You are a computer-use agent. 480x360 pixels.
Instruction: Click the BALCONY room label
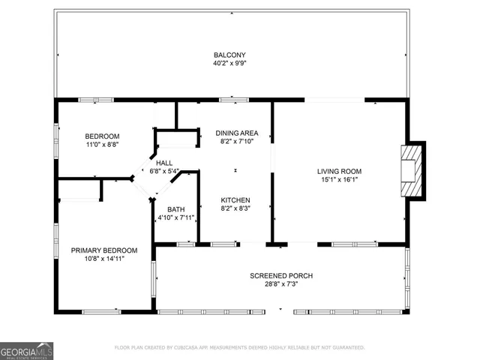tap(229, 55)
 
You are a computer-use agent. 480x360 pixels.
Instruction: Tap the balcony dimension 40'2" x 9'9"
tap(229, 64)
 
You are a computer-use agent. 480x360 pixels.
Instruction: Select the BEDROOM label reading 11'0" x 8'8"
tap(101, 136)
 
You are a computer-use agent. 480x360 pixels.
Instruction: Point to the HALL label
tap(163, 162)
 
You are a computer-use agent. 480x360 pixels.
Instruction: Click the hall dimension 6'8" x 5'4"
tap(163, 171)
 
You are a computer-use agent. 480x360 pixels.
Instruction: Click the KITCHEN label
tap(235, 200)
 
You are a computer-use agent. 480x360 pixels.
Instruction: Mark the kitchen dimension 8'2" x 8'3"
tap(235, 209)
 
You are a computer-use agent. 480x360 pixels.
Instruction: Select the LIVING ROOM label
tap(339, 171)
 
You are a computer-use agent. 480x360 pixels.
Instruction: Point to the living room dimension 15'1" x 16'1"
tap(339, 180)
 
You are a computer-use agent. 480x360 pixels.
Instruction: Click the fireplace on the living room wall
tap(412, 170)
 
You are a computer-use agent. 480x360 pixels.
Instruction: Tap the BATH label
tap(175, 209)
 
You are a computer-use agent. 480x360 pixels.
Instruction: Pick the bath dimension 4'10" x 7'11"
tap(175, 218)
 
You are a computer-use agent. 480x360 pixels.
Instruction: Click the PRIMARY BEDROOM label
tap(104, 250)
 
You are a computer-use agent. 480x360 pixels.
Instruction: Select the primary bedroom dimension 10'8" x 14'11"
tap(104, 259)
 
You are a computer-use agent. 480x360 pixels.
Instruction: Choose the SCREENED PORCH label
tap(280, 276)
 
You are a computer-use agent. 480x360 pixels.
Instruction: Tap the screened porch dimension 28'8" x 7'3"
tap(280, 285)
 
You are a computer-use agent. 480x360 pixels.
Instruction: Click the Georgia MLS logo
tap(26, 351)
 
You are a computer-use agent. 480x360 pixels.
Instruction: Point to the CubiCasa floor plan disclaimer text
tap(239, 348)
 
